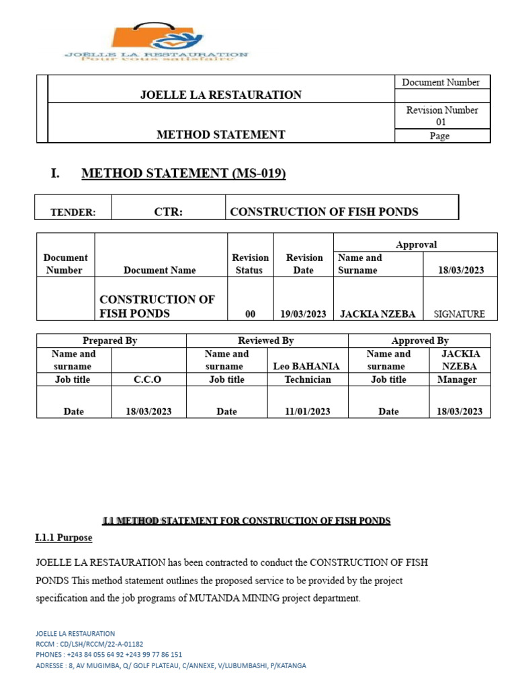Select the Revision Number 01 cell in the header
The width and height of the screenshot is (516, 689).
pos(441,116)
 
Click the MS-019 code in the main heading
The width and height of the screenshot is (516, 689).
pos(259,174)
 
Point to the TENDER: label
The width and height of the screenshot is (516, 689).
pos(73,213)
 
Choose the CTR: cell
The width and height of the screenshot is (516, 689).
pos(168,212)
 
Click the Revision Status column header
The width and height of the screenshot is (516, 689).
pos(250,264)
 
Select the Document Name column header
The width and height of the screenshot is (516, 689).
pos(160,270)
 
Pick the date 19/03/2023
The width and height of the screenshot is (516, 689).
pos(303,314)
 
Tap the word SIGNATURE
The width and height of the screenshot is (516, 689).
pos(460,314)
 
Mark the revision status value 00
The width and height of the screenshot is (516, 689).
pos(250,314)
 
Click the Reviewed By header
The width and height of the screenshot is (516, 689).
pos(266,340)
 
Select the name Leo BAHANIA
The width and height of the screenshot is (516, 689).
pos(306,367)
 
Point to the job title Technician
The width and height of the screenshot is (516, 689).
pos(307,379)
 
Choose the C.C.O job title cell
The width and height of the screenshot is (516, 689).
pos(148,379)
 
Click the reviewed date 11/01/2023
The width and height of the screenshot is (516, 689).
pos(307,412)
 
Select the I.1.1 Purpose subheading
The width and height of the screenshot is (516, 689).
pos(64,538)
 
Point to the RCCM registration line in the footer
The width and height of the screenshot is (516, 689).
pos(89,644)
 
